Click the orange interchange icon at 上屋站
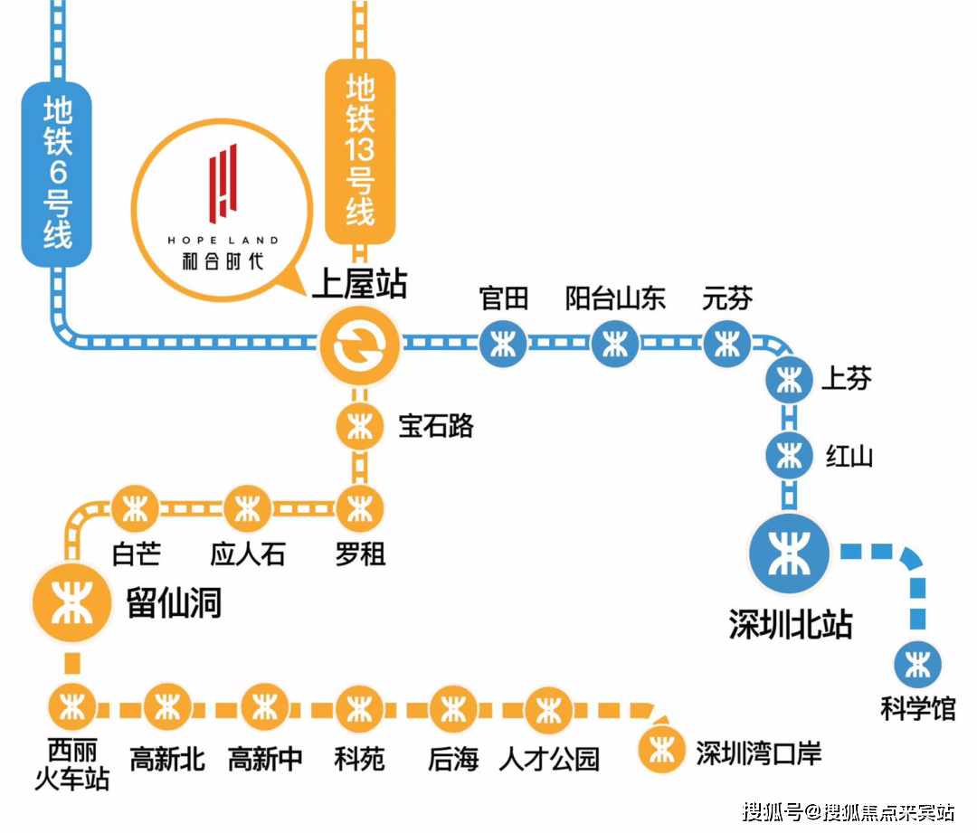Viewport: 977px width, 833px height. (359, 345)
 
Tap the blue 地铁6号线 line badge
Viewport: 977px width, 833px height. (57, 174)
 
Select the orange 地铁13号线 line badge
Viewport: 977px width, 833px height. (360, 151)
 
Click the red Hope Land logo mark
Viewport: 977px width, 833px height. (223, 184)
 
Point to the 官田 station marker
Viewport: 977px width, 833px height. (503, 344)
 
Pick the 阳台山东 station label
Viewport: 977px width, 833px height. (615, 298)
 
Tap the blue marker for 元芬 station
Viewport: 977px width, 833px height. (726, 344)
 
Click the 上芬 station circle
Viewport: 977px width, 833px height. (790, 380)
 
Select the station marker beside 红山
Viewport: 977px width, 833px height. (790, 456)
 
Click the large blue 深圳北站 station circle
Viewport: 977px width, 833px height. (790, 554)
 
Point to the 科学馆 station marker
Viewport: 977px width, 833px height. (917, 664)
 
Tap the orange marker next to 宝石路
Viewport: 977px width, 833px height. (359, 427)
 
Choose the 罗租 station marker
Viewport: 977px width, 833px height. (359, 509)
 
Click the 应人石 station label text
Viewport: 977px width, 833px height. (248, 554)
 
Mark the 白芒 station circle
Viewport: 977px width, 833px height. (135, 509)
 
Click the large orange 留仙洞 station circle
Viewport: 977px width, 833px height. (72, 602)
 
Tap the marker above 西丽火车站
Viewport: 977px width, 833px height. (72, 707)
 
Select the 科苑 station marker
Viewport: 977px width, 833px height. (359, 709)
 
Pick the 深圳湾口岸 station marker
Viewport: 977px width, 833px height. (661, 750)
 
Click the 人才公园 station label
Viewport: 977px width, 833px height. (549, 759)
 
